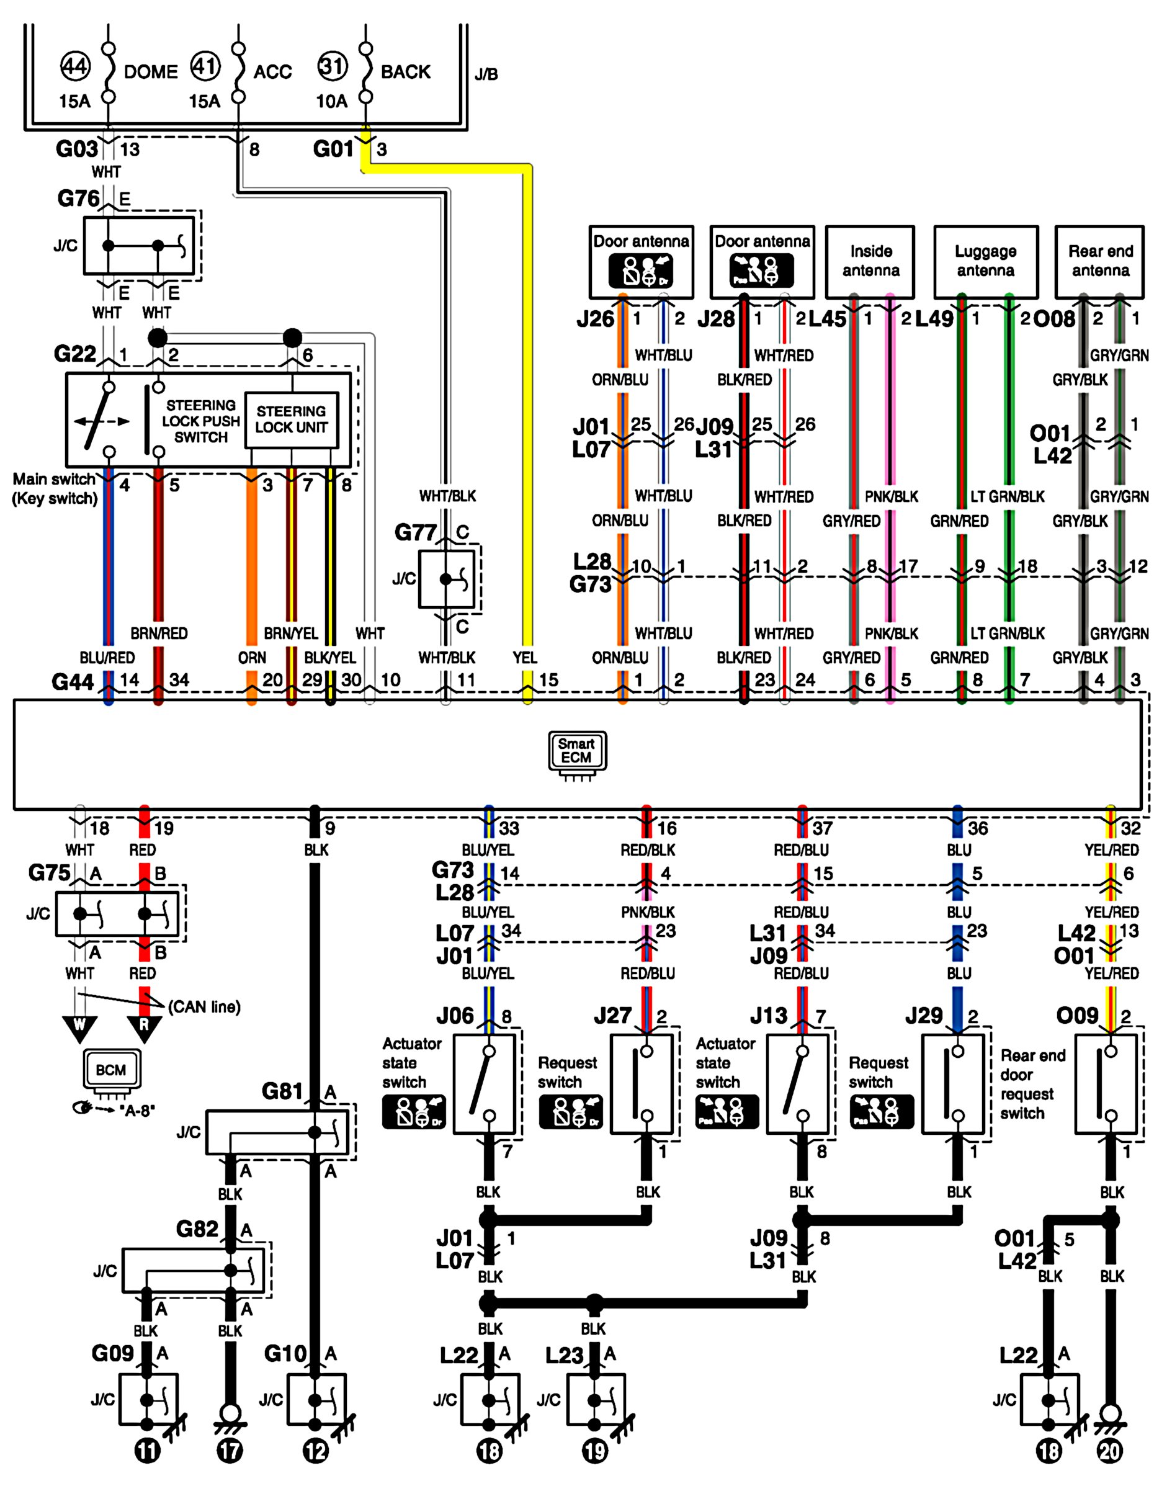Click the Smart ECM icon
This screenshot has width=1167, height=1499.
[578, 755]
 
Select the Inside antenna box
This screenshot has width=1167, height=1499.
[870, 261]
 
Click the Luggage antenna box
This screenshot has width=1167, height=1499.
[986, 261]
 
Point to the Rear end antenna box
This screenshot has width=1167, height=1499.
[1100, 261]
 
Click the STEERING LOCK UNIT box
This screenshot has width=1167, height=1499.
[292, 420]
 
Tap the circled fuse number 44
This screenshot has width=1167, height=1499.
[75, 66]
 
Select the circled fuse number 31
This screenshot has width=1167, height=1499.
[333, 66]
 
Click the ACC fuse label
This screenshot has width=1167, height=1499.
[272, 72]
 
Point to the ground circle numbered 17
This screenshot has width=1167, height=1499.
[230, 1451]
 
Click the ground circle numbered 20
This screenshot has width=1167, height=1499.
[1110, 1451]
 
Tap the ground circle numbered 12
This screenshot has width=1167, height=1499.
[315, 1451]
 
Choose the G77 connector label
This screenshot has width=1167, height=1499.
[415, 532]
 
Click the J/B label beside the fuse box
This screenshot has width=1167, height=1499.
[486, 74]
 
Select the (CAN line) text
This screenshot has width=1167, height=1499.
[205, 1007]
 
